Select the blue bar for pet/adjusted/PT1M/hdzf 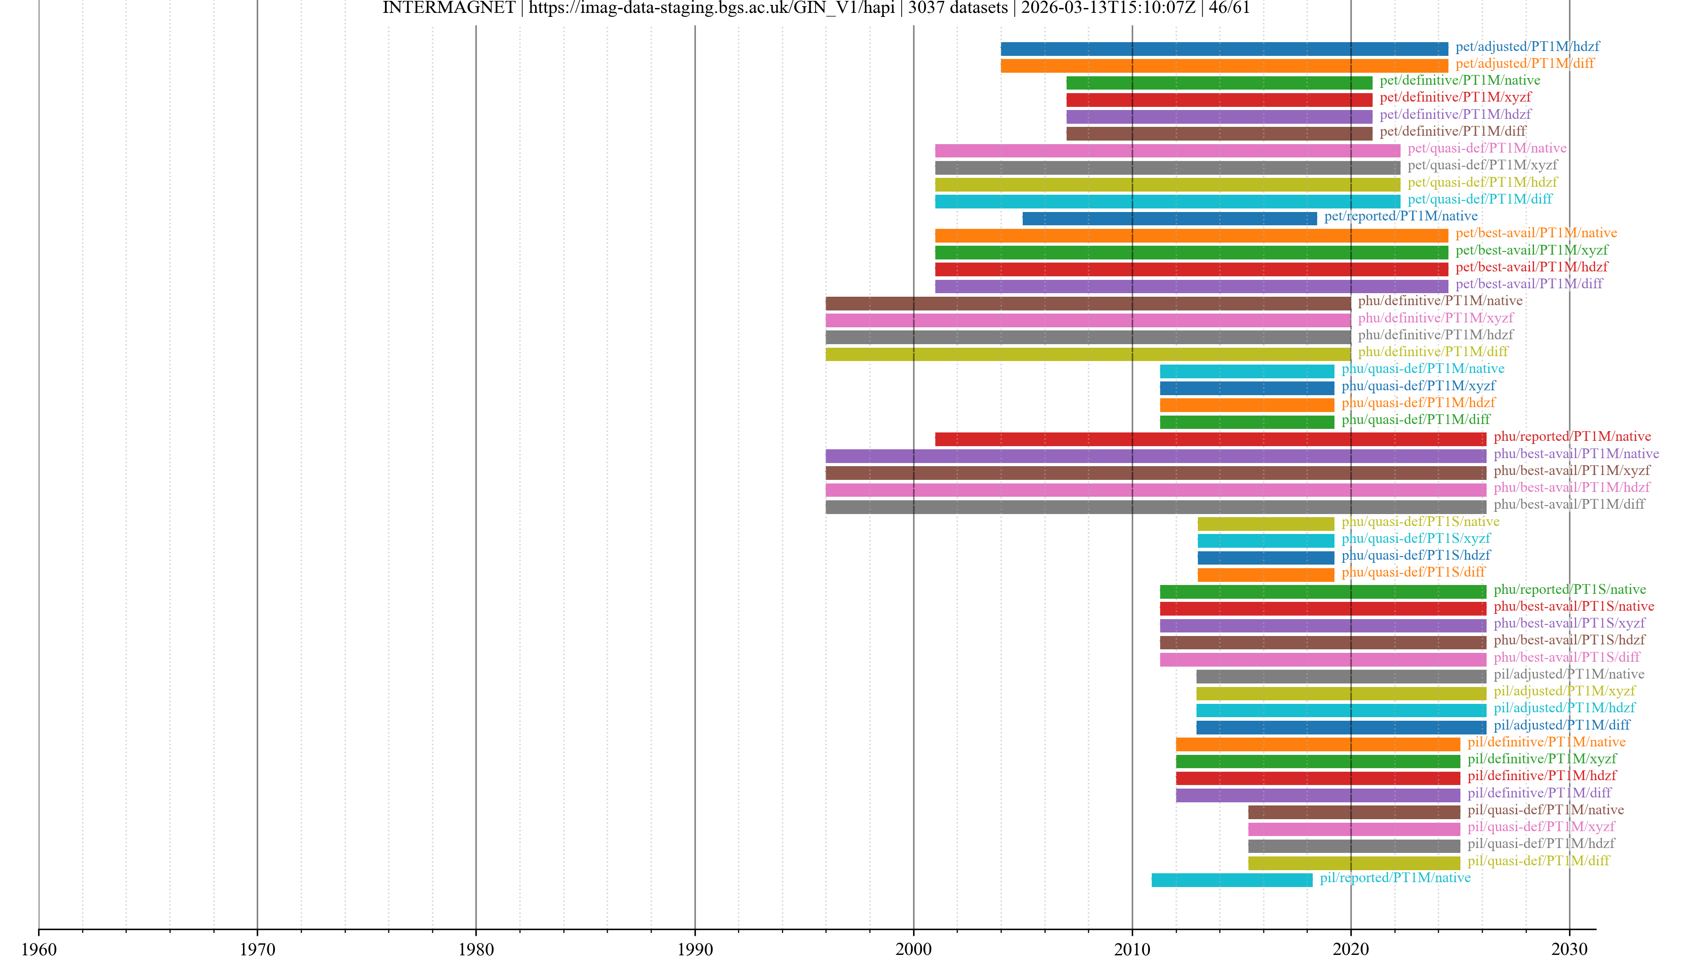pyautogui.click(x=1224, y=48)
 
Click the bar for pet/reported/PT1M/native pyautogui.click(x=1169, y=218)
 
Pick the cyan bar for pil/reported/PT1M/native pyautogui.click(x=1232, y=880)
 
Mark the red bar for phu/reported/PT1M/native pyautogui.click(x=1210, y=438)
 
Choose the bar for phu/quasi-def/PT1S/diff pyautogui.click(x=1265, y=574)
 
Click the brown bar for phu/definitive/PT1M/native pyautogui.click(x=1087, y=303)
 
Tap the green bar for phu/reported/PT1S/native pyautogui.click(x=1322, y=592)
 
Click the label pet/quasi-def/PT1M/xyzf pyautogui.click(x=1482, y=165)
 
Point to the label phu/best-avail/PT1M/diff pyautogui.click(x=1569, y=504)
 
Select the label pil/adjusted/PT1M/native pyautogui.click(x=1569, y=674)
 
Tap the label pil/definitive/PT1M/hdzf pyautogui.click(x=1542, y=776)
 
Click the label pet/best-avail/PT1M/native pyautogui.click(x=1536, y=233)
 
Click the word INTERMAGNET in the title pyautogui.click(x=448, y=8)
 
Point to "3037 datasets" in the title pyautogui.click(x=957, y=8)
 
